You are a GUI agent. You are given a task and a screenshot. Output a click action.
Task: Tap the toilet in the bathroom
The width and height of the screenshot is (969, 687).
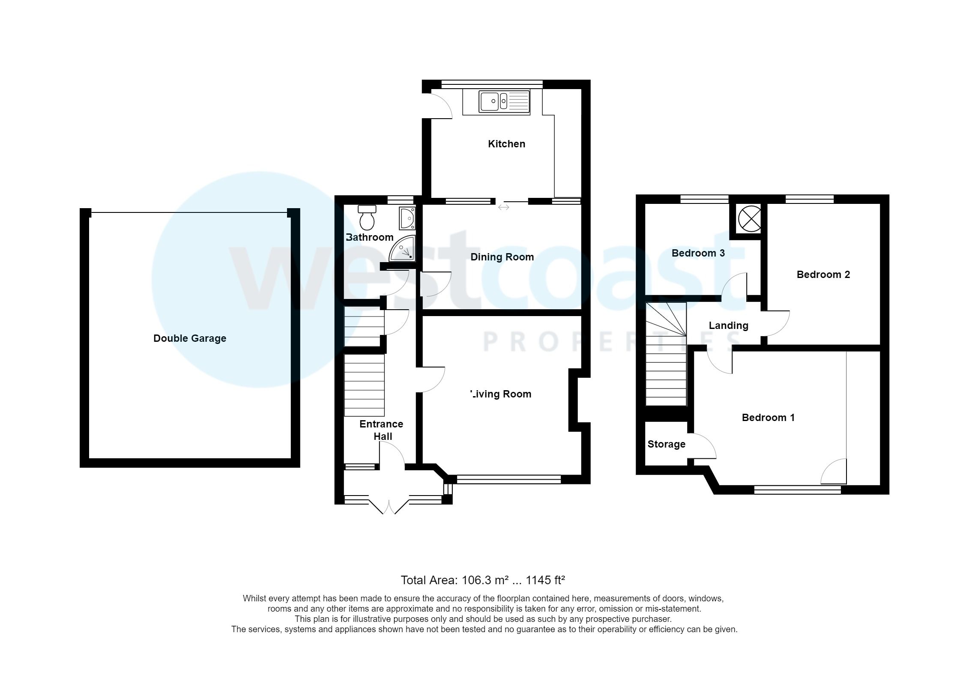[367, 218]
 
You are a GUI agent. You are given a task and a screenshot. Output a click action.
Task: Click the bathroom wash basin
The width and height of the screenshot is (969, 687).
[407, 218]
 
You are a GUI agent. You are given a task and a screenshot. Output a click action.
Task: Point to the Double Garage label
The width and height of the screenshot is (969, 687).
[190, 338]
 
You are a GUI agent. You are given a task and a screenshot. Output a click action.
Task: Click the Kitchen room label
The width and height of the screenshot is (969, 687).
[506, 144]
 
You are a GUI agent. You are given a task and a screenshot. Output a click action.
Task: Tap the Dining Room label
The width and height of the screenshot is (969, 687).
[502, 257]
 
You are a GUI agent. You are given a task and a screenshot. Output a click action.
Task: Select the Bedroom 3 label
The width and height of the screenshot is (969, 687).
[698, 253]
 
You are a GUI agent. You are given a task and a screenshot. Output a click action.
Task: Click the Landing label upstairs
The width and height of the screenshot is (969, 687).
[728, 326]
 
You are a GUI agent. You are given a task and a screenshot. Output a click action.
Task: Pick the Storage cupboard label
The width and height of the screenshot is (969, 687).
[666, 444]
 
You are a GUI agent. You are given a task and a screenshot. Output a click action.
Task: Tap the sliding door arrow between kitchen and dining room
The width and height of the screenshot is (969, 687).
[503, 207]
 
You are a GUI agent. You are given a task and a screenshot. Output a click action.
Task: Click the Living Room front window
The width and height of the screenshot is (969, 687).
[509, 480]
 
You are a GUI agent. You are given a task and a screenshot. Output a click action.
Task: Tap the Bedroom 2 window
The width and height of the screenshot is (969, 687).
[809, 199]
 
